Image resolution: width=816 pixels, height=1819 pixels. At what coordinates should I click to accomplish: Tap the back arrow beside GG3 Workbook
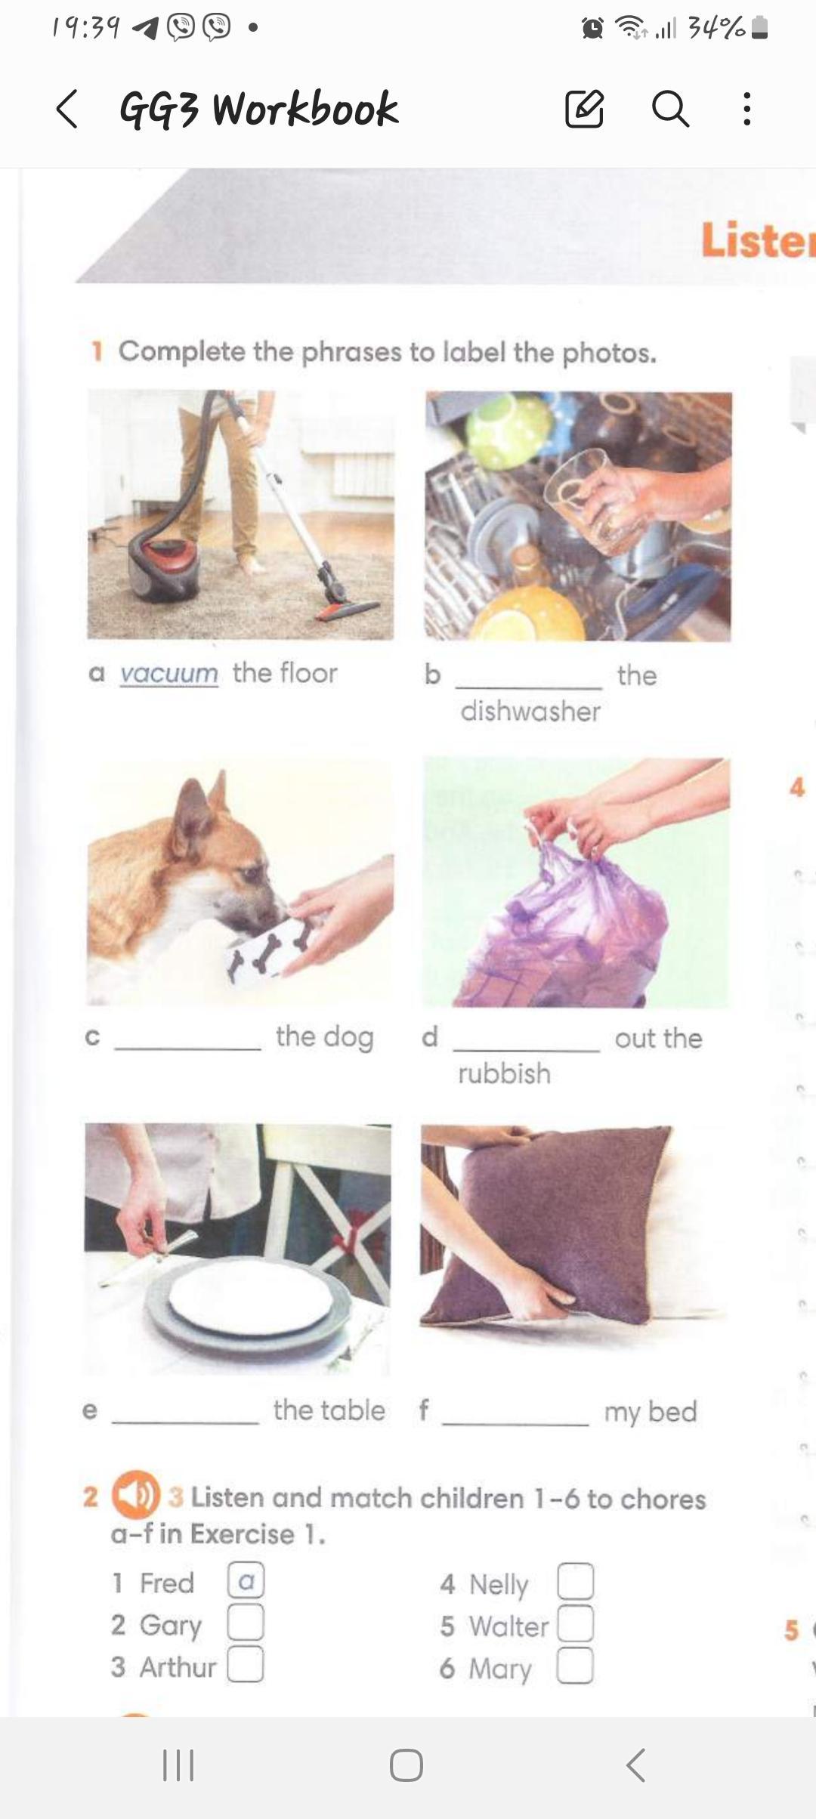click(x=66, y=110)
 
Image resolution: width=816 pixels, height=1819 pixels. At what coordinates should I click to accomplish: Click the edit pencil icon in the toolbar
click(x=585, y=109)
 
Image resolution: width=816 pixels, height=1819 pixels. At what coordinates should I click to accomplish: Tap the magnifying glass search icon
click(x=670, y=109)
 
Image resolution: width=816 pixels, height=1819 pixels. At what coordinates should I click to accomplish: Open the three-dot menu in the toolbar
click(x=746, y=109)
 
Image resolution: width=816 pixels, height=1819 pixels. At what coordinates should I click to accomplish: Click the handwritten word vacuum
click(x=168, y=672)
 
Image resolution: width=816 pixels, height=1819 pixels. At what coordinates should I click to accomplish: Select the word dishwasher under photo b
click(x=530, y=711)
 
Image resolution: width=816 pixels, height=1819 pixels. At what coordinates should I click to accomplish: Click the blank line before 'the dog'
click(x=188, y=1048)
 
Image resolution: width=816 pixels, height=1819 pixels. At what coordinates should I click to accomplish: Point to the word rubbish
click(x=504, y=1073)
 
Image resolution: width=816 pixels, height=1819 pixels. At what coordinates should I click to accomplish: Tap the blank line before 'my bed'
click(x=516, y=1424)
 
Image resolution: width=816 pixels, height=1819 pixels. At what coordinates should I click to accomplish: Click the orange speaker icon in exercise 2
click(x=136, y=1494)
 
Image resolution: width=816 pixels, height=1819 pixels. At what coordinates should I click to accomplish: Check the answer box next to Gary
click(x=246, y=1622)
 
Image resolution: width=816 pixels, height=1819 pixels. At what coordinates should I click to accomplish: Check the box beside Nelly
click(x=575, y=1581)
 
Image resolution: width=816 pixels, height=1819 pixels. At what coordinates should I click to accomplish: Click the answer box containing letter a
click(x=246, y=1580)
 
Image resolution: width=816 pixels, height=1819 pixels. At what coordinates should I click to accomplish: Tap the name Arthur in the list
click(x=178, y=1666)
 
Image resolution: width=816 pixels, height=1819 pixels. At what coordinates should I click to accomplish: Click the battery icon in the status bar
click(x=761, y=28)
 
